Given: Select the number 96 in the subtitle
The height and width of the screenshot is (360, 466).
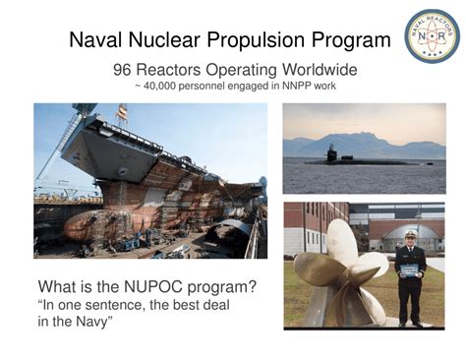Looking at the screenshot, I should pos(124,71).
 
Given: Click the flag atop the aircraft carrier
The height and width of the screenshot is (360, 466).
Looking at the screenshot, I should pos(122,111).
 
